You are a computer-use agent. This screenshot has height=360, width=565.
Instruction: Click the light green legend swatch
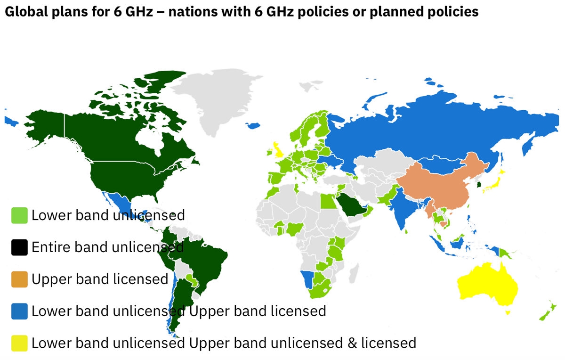tap(20, 215)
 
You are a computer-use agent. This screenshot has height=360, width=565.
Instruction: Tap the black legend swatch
tap(20, 247)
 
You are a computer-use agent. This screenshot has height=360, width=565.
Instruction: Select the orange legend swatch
tap(20, 279)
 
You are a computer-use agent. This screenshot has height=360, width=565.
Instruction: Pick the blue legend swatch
tap(20, 311)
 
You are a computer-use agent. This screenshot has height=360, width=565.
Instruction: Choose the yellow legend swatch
tap(20, 343)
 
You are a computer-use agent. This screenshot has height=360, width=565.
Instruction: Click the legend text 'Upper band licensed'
tap(100, 279)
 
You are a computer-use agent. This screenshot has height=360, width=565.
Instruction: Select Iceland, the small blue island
tap(253, 125)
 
